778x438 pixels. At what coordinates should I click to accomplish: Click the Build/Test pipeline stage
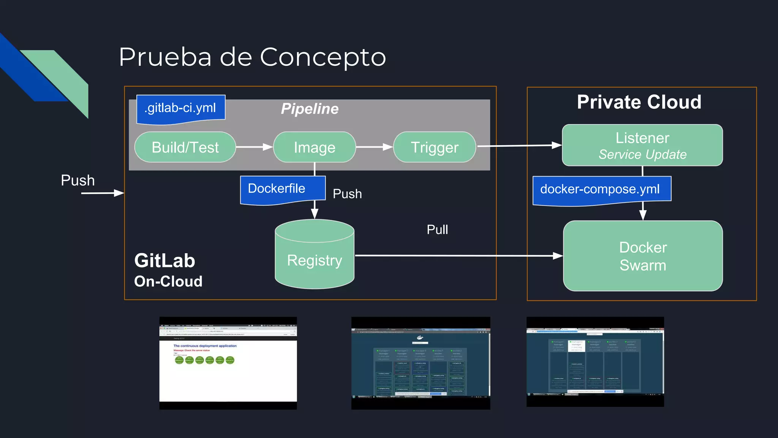185,147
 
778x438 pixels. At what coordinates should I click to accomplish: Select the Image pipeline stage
314,147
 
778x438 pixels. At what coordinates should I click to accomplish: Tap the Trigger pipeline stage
434,147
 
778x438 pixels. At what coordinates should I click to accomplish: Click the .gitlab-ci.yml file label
180,108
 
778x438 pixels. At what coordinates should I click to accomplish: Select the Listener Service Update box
642,145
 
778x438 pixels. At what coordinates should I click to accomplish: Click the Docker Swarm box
642,256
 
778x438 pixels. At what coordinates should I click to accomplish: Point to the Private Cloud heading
639,102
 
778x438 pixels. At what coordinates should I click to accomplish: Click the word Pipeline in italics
310,109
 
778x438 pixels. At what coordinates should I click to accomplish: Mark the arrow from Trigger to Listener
519,146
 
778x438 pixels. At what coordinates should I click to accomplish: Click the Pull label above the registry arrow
437,230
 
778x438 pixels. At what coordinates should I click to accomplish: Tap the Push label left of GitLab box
78,180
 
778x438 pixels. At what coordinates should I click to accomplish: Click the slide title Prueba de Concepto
252,57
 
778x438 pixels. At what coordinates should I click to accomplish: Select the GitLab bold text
164,261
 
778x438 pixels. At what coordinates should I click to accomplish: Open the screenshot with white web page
228,363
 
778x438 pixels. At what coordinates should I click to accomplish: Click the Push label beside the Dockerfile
347,194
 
